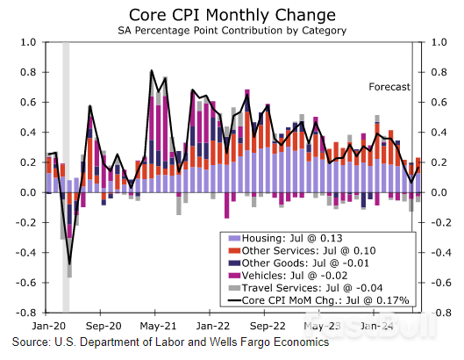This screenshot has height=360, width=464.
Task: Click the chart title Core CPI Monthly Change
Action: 232,14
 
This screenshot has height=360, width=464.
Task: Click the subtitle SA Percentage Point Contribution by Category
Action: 232,31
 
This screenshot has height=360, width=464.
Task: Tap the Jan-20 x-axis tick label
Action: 54,322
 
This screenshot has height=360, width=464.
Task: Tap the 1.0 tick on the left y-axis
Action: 27,42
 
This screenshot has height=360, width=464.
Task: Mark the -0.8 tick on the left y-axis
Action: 25,313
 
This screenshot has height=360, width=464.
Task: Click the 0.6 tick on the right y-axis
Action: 439,103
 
